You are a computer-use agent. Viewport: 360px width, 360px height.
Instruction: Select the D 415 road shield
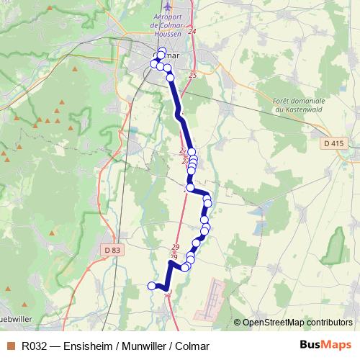(x=333, y=143)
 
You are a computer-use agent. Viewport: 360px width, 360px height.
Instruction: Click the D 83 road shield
(x=110, y=249)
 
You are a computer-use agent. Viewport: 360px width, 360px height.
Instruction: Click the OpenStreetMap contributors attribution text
(x=297, y=323)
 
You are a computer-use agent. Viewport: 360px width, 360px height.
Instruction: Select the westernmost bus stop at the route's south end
(x=152, y=286)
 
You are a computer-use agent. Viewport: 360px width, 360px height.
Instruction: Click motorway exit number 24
(x=192, y=32)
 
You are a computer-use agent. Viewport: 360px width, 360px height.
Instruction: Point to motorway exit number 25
(x=192, y=75)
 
